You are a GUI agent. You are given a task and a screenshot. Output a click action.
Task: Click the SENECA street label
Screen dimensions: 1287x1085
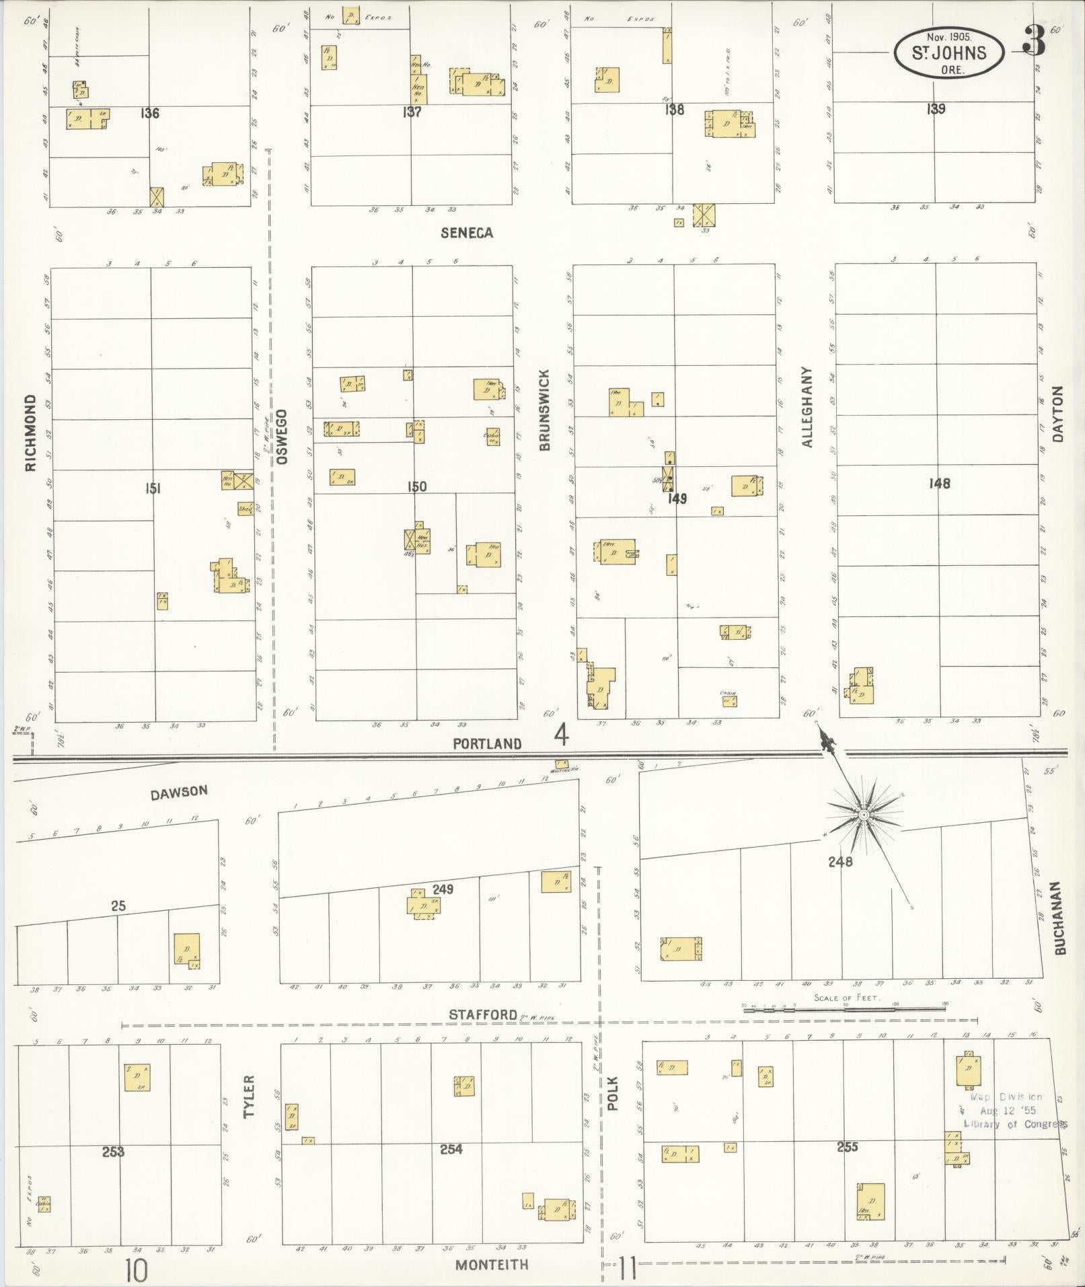click(x=467, y=233)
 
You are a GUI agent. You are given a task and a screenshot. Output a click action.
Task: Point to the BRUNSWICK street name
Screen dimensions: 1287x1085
click(x=544, y=410)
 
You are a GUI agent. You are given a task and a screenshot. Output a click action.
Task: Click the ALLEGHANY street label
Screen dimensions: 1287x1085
click(x=808, y=407)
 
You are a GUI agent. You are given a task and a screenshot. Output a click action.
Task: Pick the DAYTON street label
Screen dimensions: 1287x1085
click(x=1059, y=413)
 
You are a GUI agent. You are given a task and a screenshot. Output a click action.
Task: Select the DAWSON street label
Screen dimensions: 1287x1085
click(x=179, y=792)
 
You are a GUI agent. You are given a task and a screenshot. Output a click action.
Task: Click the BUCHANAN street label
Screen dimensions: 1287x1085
click(x=1061, y=918)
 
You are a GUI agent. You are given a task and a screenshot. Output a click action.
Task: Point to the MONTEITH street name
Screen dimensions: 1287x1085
click(x=492, y=1265)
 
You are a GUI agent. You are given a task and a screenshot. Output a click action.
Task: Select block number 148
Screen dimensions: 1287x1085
click(x=939, y=483)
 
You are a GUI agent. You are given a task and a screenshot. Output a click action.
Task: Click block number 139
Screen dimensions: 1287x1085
click(x=936, y=109)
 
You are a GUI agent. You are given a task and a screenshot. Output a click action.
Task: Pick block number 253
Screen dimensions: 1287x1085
click(x=113, y=1152)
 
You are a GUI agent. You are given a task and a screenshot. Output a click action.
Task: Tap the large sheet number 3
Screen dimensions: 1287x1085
click(x=1033, y=42)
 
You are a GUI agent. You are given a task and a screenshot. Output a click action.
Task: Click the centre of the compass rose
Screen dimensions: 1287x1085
click(x=863, y=815)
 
